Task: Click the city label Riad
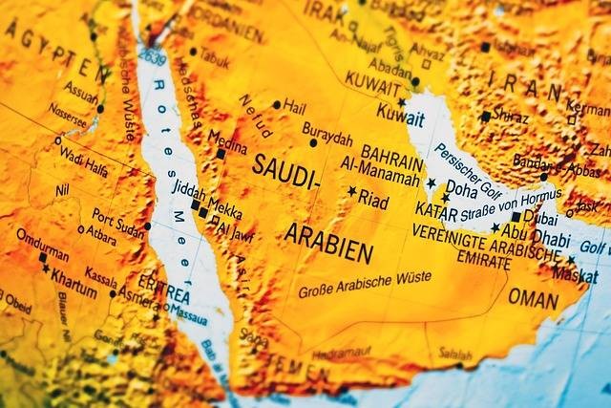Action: tap(373, 202)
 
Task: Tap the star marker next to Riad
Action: tap(351, 192)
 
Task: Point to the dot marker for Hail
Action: tap(277, 104)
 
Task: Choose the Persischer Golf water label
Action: tap(474, 164)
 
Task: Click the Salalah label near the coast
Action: tap(455, 354)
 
